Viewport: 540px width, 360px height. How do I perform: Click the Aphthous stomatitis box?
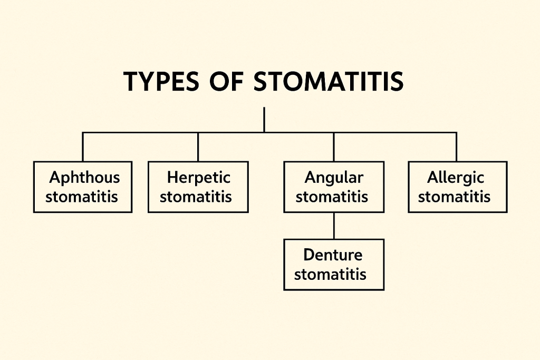pyautogui.click(x=83, y=187)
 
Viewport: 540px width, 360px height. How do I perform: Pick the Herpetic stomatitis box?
pyautogui.click(x=198, y=187)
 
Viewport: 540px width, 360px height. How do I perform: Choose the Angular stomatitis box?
pyautogui.click(x=334, y=187)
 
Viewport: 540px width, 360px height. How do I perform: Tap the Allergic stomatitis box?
pyautogui.click(x=457, y=187)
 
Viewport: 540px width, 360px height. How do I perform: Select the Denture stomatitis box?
pyautogui.click(x=334, y=265)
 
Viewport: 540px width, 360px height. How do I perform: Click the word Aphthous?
pyautogui.click(x=84, y=178)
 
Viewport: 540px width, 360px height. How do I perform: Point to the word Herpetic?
pyautogui.click(x=198, y=178)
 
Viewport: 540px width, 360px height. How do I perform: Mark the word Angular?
pyautogui.click(x=334, y=178)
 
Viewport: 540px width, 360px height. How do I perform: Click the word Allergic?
pyautogui.click(x=456, y=178)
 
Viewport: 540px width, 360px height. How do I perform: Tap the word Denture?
pyautogui.click(x=333, y=256)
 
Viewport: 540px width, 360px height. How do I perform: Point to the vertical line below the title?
pyautogui.click(x=264, y=120)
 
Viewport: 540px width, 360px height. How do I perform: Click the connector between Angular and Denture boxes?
pyautogui.click(x=334, y=226)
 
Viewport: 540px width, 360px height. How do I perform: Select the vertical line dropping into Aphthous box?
pyautogui.click(x=83, y=147)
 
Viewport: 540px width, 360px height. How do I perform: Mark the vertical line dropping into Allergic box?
pyautogui.click(x=456, y=147)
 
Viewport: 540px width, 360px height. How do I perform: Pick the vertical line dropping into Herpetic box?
pyautogui.click(x=198, y=147)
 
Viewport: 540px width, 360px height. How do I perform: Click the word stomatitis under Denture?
pyautogui.click(x=330, y=275)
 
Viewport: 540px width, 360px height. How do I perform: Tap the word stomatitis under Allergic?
pyautogui.click(x=454, y=197)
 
